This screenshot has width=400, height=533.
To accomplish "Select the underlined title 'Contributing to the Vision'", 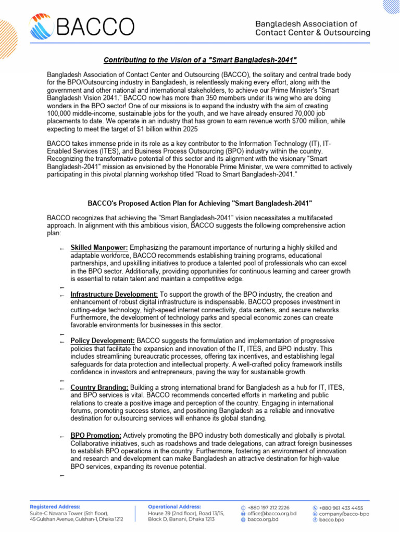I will coord(200,60).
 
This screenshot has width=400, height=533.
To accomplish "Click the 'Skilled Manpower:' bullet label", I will coord(99,247).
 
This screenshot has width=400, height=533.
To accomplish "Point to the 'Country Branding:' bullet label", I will coord(99,388).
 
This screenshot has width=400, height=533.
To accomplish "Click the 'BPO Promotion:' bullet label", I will coord(96,435).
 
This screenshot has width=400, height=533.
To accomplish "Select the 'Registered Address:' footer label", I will coord(55,506).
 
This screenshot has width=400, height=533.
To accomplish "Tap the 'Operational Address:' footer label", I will coord(174,506).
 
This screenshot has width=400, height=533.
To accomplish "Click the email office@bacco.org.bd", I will coord(272,513).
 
